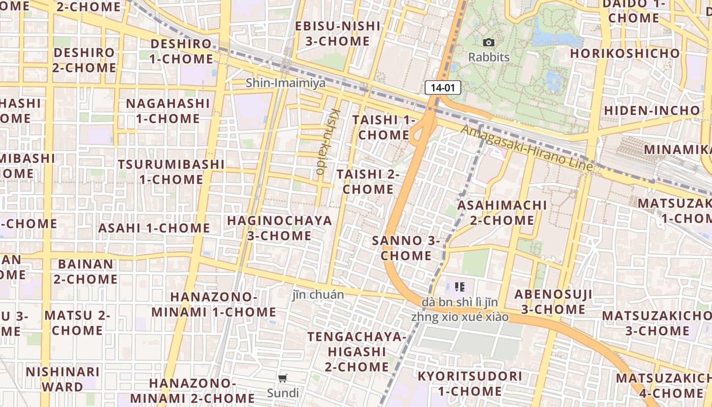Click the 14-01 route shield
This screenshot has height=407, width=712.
tap(442, 88)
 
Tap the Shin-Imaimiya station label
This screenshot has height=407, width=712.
tap(285, 83)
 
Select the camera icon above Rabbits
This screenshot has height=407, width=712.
tap(489, 43)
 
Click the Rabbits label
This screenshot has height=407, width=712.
tap(489, 57)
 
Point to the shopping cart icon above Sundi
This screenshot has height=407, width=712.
tap(283, 378)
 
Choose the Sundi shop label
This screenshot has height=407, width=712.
tap(283, 393)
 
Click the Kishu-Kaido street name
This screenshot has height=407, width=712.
tap(327, 141)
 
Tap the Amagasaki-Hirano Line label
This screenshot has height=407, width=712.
tap(527, 148)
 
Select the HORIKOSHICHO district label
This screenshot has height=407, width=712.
tap(625, 53)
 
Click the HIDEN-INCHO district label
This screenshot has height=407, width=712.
tap(652, 110)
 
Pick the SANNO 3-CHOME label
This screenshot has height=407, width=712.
tap(406, 248)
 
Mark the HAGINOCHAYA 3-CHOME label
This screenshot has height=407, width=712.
tap(279, 228)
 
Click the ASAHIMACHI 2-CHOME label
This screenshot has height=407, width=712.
tap(501, 213)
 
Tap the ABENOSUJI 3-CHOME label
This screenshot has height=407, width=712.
tap(553, 302)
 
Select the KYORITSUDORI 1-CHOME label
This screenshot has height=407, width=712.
tap(469, 384)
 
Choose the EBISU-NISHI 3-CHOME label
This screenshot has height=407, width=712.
tap(338, 34)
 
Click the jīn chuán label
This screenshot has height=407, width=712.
tap(318, 295)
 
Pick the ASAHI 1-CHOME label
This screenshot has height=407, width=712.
tap(154, 228)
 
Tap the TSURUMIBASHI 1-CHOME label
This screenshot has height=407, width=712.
tap(171, 172)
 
